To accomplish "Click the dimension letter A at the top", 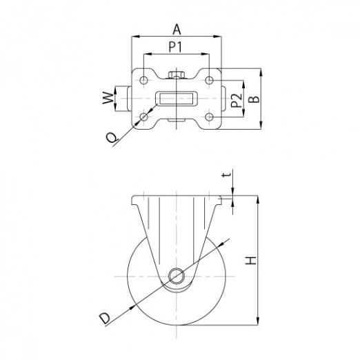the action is point(177,29).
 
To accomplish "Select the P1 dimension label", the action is point(175,47).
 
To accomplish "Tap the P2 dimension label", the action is point(237,101).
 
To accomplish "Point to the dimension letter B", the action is point(254,99).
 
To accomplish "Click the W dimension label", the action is point(108,98).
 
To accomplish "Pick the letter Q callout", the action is point(112,138).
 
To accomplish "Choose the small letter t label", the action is point(226,175).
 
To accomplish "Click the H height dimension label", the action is point(250,260).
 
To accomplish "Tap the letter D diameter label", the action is point(105,319).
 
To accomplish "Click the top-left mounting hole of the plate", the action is point(143,80).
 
